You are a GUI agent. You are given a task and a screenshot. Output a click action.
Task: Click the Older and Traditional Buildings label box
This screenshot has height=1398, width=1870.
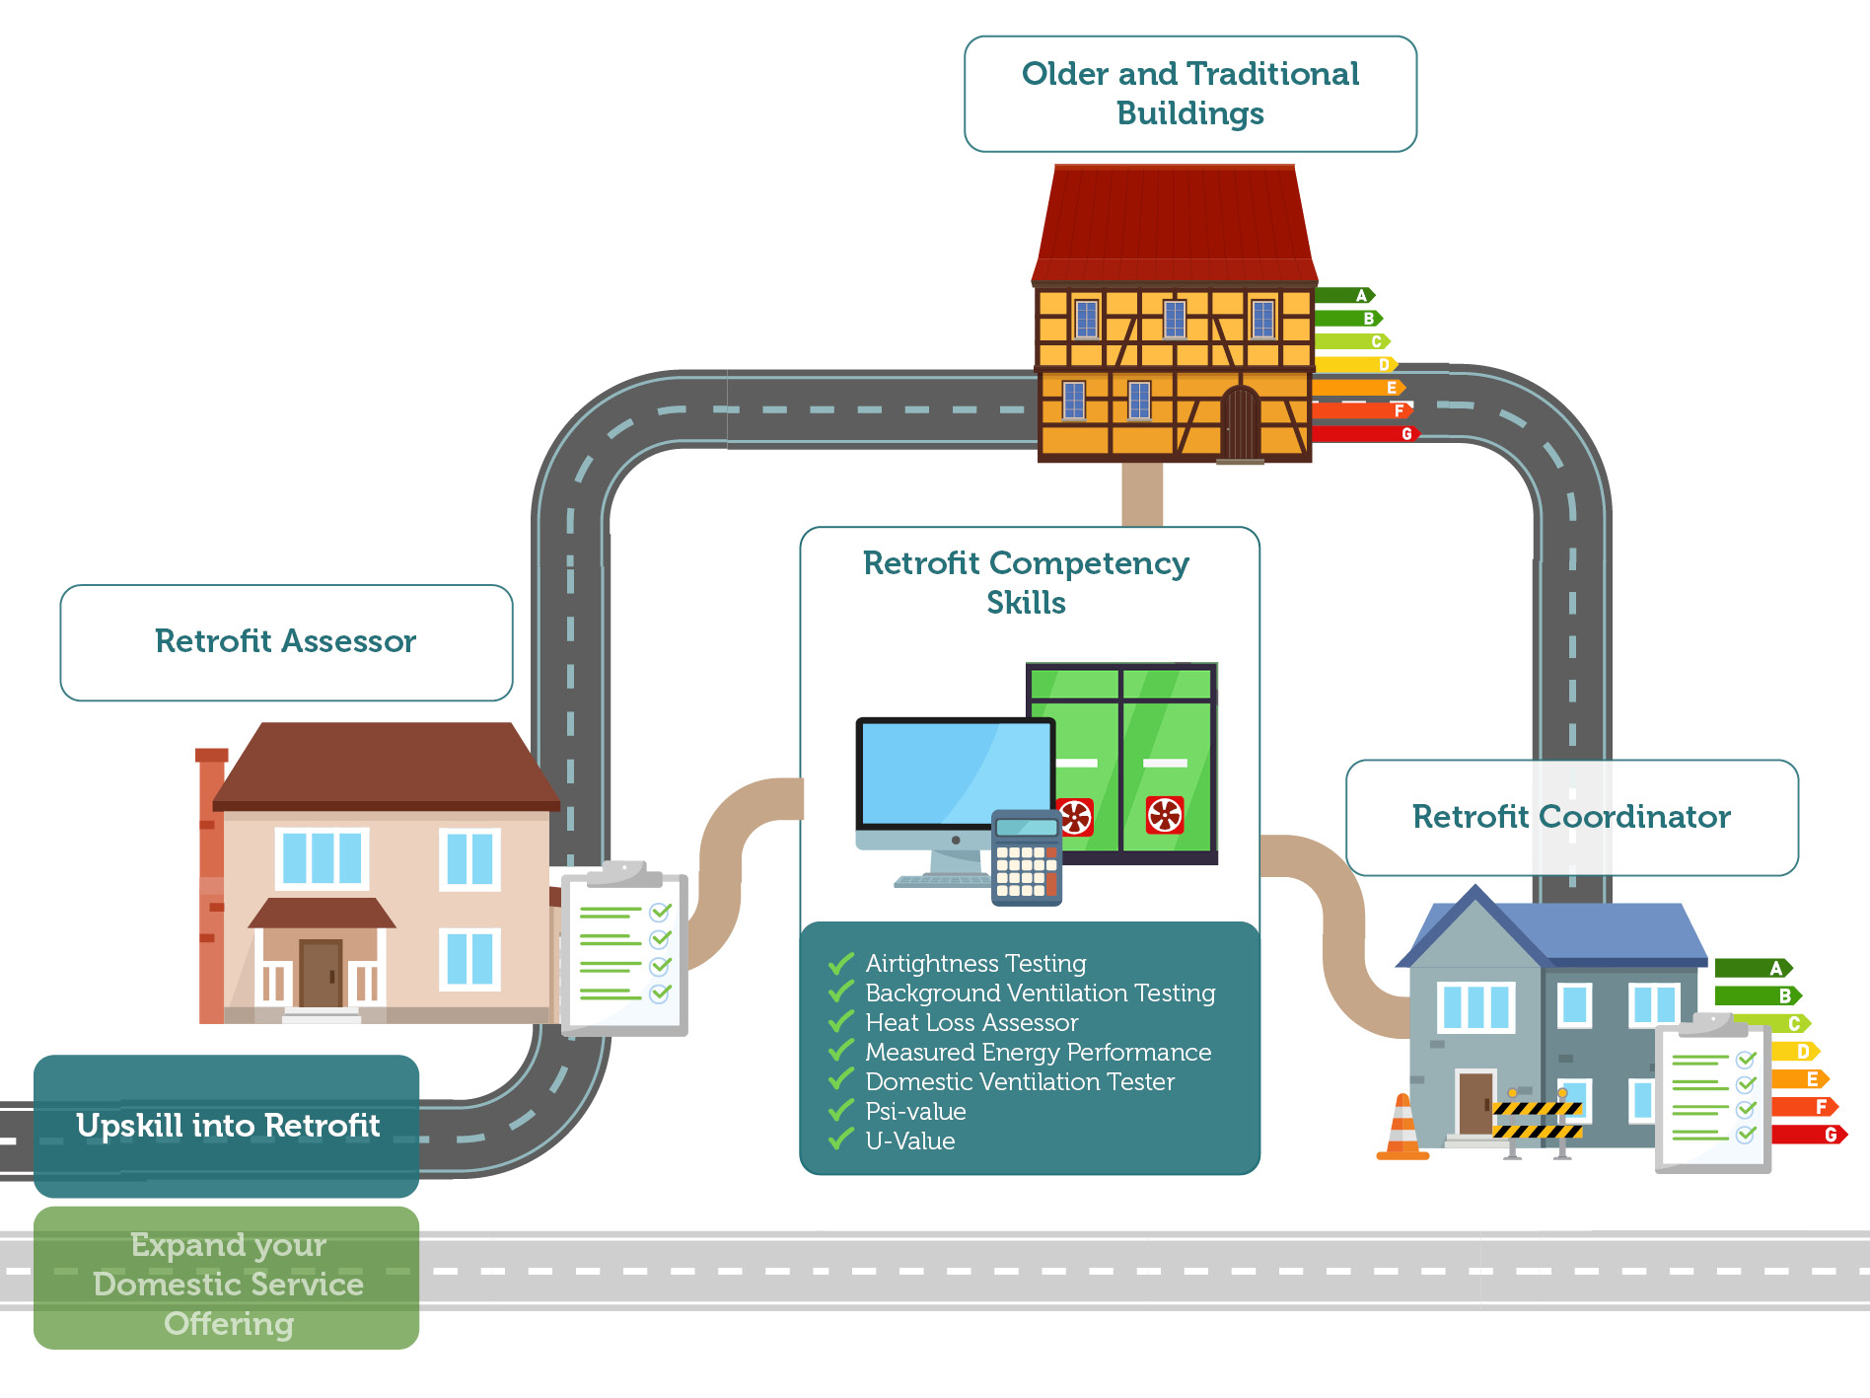coord(1189,94)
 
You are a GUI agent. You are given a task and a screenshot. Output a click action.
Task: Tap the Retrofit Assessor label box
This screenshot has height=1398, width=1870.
coord(286,642)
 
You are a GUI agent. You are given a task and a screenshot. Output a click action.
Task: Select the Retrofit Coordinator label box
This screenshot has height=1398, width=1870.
coord(1571,817)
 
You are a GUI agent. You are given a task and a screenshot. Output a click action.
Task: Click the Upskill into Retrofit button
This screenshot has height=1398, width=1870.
coord(227,1126)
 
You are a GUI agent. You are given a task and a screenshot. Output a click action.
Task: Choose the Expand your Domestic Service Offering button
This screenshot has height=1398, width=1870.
coord(227,1283)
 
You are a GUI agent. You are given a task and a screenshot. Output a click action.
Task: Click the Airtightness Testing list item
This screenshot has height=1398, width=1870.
coord(975,963)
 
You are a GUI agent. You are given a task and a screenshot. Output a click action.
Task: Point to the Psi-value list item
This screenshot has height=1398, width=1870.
coord(915,1112)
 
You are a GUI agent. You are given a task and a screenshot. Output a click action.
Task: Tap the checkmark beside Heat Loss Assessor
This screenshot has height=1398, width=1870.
coord(840,1022)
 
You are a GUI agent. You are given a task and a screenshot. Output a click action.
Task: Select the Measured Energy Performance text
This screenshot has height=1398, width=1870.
coord(1038,1053)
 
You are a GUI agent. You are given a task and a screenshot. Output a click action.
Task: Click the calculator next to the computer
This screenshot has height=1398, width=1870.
coord(1026,858)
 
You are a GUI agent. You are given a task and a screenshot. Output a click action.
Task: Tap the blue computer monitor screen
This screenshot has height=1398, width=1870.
coord(955,774)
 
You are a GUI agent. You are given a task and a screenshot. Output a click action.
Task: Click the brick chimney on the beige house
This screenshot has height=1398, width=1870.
coord(211,888)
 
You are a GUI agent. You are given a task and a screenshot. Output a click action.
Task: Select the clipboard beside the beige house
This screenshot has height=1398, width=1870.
coord(625,952)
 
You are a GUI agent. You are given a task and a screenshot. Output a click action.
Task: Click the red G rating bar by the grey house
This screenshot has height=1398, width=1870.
coord(1807,1135)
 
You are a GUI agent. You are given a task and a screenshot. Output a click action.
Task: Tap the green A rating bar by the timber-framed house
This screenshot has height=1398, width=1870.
coord(1343,295)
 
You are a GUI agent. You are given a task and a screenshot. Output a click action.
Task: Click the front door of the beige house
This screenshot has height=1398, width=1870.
coord(321,973)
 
